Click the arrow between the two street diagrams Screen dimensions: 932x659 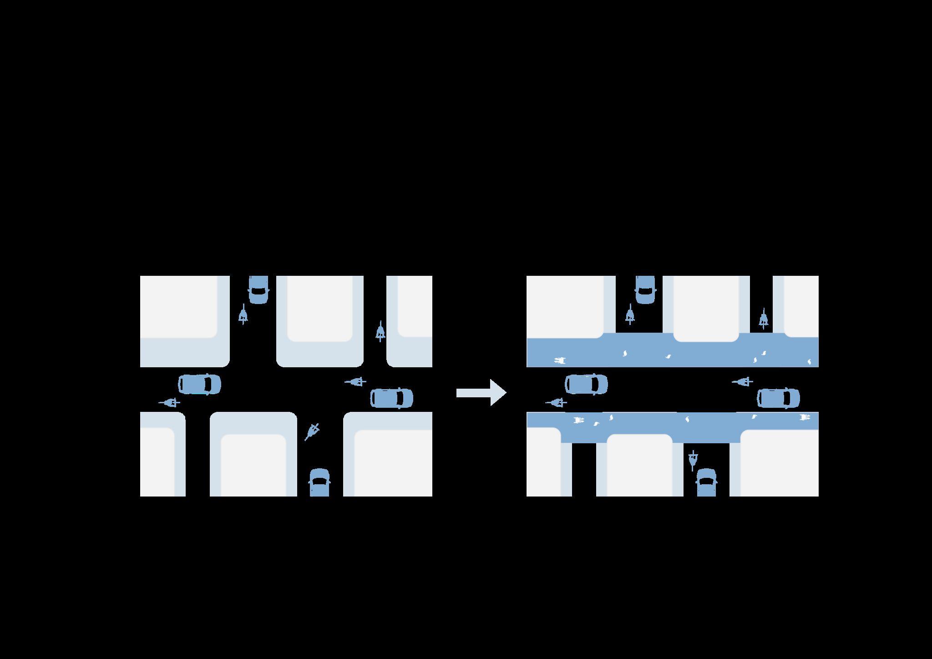(x=481, y=392)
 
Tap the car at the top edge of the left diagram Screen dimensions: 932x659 (x=258, y=289)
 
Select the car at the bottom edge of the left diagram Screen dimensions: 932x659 (x=319, y=483)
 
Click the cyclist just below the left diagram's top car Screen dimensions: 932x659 (x=243, y=314)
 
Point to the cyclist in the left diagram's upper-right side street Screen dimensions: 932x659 (x=380, y=332)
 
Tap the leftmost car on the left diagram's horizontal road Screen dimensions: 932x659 (x=199, y=384)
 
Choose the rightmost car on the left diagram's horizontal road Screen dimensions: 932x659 (x=391, y=398)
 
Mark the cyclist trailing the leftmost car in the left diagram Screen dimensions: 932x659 (x=170, y=403)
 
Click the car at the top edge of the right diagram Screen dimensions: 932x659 (x=645, y=289)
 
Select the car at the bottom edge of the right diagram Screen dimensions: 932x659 (x=706, y=483)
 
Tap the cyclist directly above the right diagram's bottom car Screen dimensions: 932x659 (x=693, y=461)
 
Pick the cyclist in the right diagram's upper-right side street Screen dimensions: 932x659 (x=764, y=319)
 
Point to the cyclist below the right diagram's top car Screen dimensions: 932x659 (x=630, y=314)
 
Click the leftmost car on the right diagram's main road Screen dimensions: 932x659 (x=586, y=384)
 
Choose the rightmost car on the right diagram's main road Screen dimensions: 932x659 (x=778, y=398)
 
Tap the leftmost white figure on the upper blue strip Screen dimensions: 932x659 (x=560, y=361)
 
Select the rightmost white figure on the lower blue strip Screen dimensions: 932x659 (x=805, y=417)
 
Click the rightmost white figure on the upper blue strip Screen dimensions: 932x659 (x=809, y=362)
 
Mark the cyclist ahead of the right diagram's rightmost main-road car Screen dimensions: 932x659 (x=742, y=382)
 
